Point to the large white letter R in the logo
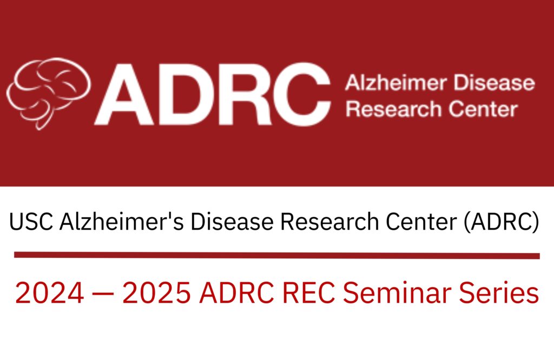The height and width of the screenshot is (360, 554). pos(242,92)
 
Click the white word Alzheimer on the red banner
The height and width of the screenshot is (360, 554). pos(392,84)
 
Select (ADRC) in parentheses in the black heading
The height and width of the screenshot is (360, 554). pos(500,222)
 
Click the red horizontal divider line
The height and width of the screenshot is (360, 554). pos(276,255)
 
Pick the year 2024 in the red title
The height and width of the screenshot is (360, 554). pos(49,293)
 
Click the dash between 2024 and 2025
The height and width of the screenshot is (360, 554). pos(103,294)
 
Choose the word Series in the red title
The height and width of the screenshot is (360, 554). pos(501,293)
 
